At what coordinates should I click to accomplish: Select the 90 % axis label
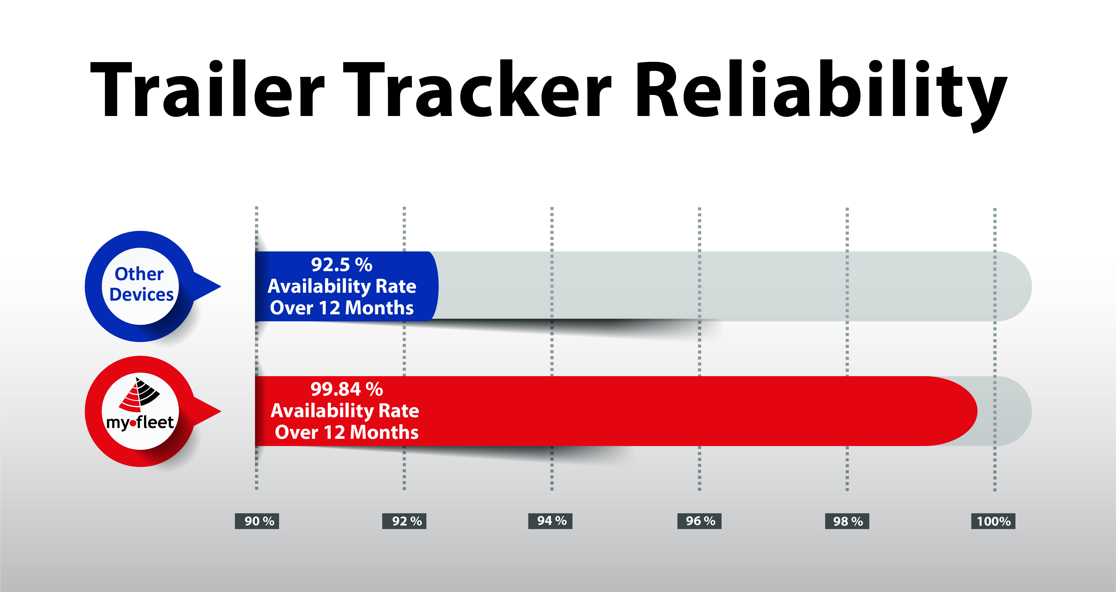coord(257,521)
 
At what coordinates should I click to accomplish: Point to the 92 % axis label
coord(404,521)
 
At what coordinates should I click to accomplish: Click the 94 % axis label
coord(550,521)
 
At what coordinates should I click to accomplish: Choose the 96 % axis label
coord(699,521)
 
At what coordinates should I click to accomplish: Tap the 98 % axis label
coord(847,521)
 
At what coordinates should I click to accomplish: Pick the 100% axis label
coord(993,521)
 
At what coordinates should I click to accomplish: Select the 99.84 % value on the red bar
coord(346,389)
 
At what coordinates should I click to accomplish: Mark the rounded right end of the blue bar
coord(438,286)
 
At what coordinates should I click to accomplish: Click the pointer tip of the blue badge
coord(221,286)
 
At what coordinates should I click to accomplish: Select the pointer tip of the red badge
coord(221,411)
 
